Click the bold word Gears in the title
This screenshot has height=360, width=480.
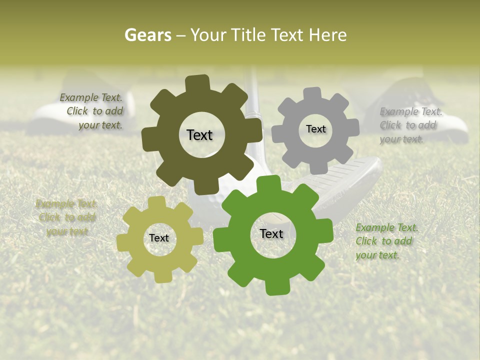coord(147,35)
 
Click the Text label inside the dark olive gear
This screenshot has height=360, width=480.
coord(199,135)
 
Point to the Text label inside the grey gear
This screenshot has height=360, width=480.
coord(315,129)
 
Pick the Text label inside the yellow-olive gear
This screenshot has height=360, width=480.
coord(159,238)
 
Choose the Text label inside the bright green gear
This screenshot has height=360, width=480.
coord(271,234)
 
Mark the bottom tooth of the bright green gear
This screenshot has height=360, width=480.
coord(275,286)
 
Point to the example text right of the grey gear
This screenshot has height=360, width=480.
coord(410,125)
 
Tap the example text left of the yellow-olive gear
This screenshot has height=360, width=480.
coord(66,217)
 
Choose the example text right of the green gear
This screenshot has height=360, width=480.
coord(386,241)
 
